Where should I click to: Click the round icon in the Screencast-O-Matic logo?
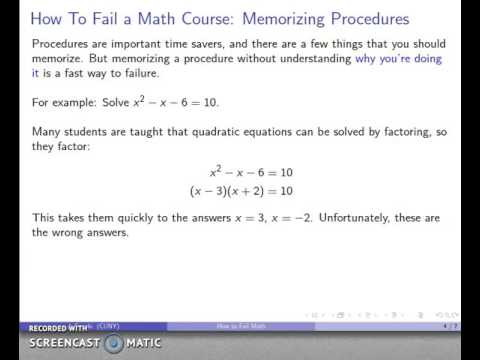116,342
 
